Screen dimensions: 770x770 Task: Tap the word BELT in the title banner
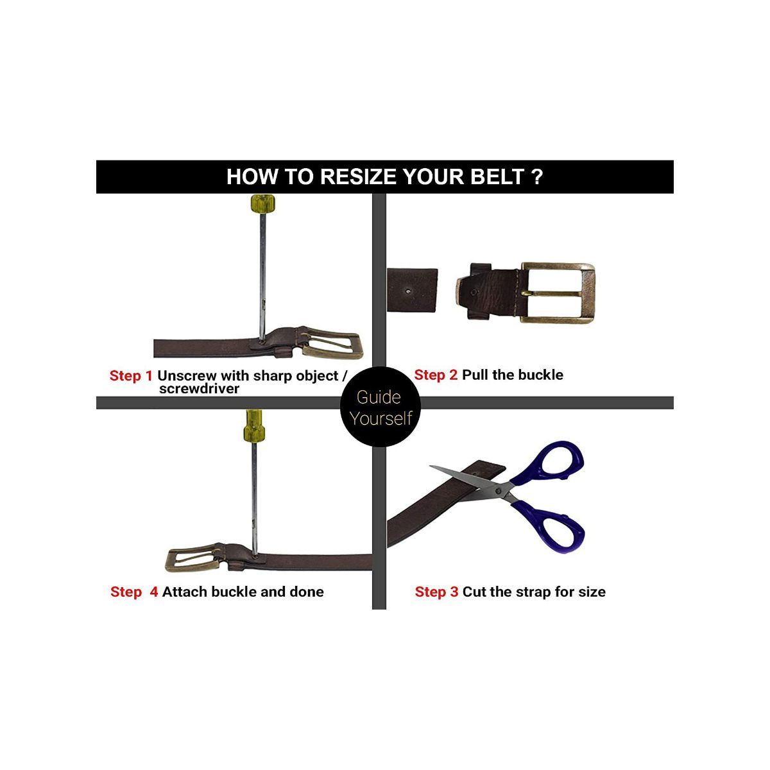click(497, 176)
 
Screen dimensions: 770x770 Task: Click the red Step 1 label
click(131, 375)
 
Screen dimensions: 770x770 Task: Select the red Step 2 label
click(436, 375)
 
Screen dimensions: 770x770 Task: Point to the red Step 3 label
click(436, 592)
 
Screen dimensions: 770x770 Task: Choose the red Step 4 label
click(134, 592)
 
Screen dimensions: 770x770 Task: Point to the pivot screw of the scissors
click(498, 491)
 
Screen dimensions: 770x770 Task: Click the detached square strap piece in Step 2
click(412, 289)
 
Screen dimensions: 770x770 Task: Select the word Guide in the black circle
click(379, 397)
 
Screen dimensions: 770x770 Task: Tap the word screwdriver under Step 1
click(199, 389)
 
